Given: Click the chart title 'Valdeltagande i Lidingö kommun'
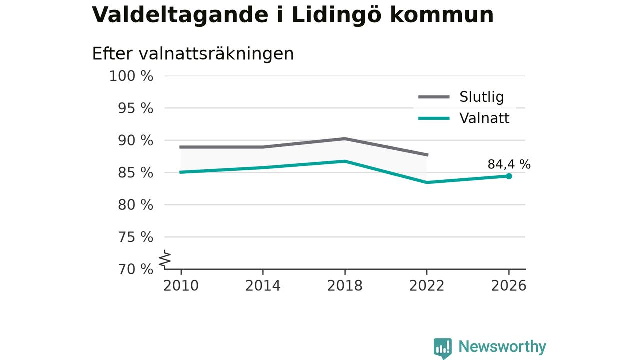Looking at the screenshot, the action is coord(293,15).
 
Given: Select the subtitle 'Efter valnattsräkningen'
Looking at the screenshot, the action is coord(193,53).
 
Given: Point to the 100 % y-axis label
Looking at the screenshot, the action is coord(131,76).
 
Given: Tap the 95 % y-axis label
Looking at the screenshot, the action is coord(135,108).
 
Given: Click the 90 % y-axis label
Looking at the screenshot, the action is coord(135,141).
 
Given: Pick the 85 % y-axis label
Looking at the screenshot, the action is coord(135,173).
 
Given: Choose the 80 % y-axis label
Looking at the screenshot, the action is coord(135,205).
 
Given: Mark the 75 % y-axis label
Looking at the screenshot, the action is coord(135,237).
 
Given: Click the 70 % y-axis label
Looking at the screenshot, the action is coord(135,269).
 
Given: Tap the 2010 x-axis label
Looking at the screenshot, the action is coord(181,286).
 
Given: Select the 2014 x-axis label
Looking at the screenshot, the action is coord(263,286).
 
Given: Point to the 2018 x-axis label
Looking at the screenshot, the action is coord(345,286).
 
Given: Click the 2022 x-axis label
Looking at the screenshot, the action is coord(427,286).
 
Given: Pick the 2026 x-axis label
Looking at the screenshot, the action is coord(508,286).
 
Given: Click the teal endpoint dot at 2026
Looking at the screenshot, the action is coord(509,176).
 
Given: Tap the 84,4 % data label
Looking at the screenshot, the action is coord(509,164).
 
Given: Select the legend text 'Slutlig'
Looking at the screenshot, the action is coord(481,97).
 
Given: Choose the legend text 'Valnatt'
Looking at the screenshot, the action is coord(484,118).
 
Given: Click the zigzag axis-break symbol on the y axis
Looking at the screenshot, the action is coord(165,259).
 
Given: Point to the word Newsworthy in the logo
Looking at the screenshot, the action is coord(502,346).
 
